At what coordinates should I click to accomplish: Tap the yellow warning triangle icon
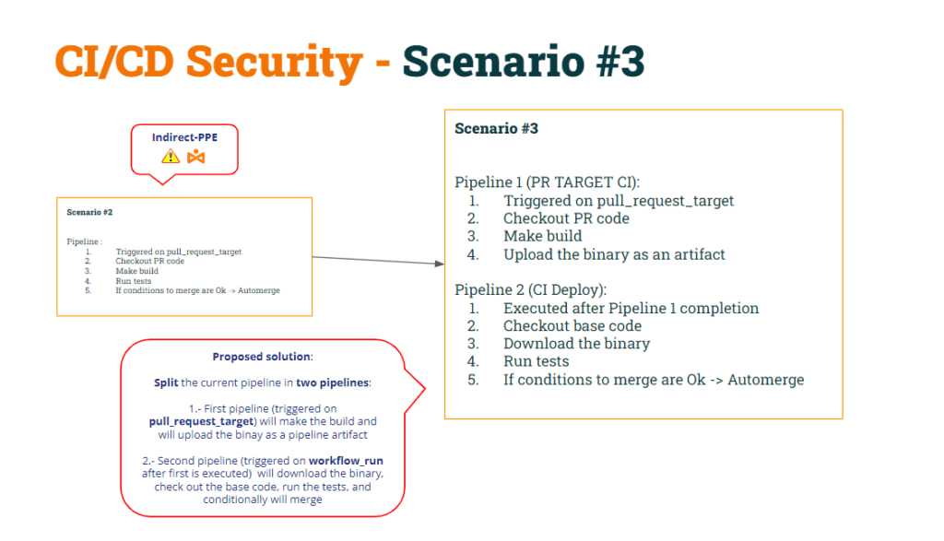pos(171,156)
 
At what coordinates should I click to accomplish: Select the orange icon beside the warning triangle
pos(195,157)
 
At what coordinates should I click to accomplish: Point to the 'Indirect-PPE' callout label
pos(184,137)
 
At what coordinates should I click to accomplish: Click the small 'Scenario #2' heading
pos(89,212)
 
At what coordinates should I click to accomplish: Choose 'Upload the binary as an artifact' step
pos(614,254)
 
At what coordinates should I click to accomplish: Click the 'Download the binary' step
pos(576,344)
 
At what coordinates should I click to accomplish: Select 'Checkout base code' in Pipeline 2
pos(572,326)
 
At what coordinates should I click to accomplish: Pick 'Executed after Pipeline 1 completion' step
pos(631,308)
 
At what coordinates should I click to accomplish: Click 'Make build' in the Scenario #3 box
pos(542,236)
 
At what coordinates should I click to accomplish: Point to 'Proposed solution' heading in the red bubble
pos(262,357)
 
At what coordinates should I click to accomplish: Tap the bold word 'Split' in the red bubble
pos(166,382)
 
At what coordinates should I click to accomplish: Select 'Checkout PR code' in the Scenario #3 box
pos(566,218)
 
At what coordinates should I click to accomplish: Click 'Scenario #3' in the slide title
pos(523,63)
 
